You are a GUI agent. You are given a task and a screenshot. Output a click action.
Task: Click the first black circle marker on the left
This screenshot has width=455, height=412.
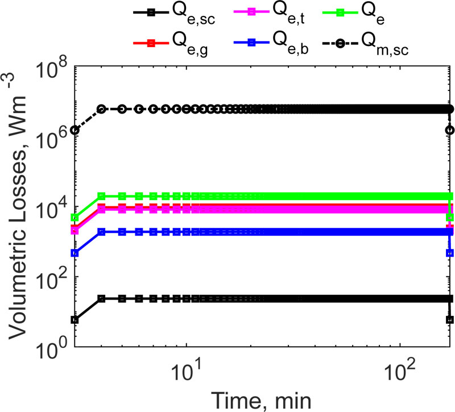[x=75, y=130]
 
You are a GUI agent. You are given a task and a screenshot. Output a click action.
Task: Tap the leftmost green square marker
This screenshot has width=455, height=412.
[x=75, y=218]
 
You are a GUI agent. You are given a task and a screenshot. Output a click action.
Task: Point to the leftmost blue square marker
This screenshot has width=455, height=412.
[x=75, y=253]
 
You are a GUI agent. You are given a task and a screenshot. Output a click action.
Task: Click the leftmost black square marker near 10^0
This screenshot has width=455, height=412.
[x=75, y=320]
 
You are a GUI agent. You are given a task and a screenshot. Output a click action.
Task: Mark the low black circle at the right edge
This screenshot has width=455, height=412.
[x=450, y=130]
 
